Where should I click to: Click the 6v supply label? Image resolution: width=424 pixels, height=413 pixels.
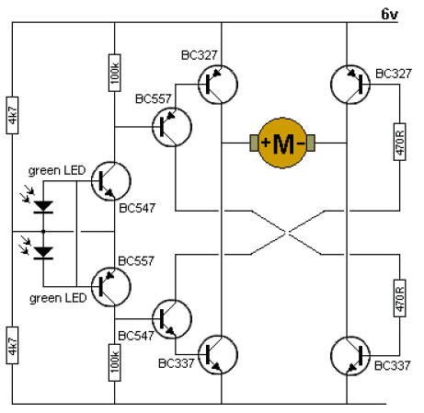pyautogui.click(x=389, y=14)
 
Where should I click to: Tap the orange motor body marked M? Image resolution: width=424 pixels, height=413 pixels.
pyautogui.click(x=282, y=143)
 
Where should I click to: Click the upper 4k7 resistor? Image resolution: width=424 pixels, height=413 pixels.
pyautogui.click(x=12, y=115)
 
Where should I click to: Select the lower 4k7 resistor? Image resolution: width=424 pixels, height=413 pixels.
pyautogui.click(x=12, y=345)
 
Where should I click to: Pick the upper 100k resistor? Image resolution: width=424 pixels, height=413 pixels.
pyautogui.click(x=114, y=73)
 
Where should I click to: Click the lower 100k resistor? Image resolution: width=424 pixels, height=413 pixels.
pyautogui.click(x=114, y=362)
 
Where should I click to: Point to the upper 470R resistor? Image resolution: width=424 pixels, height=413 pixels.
pyautogui.click(x=399, y=142)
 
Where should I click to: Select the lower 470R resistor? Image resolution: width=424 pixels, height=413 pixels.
pyautogui.click(x=399, y=298)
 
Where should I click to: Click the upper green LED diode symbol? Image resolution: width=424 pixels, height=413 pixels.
pyautogui.click(x=43, y=207)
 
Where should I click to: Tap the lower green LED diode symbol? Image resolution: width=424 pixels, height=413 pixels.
pyautogui.click(x=43, y=253)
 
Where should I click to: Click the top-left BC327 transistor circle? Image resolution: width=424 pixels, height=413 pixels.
pyautogui.click(x=218, y=85)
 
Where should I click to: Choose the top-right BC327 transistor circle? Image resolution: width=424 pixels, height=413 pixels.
pyautogui.click(x=350, y=85)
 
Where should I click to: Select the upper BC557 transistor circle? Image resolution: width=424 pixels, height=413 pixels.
pyautogui.click(x=172, y=127)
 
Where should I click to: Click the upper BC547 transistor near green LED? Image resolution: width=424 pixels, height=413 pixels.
pyautogui.click(x=111, y=181)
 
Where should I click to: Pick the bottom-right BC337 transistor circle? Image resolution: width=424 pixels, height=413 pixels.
pyautogui.click(x=350, y=356)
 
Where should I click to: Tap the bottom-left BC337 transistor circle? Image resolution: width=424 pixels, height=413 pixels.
pyautogui.click(x=218, y=355)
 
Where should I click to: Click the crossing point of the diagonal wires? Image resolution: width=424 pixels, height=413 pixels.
pyautogui.click(x=286, y=233)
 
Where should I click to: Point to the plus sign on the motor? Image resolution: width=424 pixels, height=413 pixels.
pyautogui.click(x=266, y=143)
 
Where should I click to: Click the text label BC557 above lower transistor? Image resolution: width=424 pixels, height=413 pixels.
pyautogui.click(x=136, y=261)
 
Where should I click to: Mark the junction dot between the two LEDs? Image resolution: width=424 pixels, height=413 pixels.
pyautogui.click(x=43, y=232)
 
